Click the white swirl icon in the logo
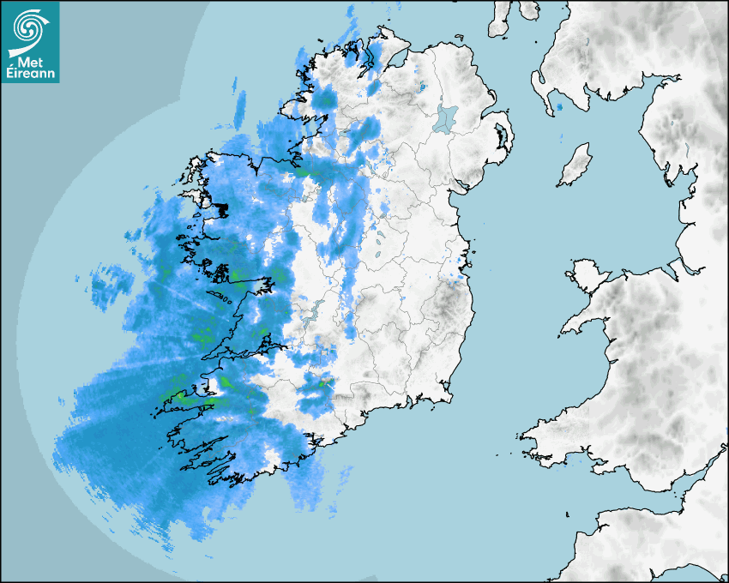click(x=29, y=26)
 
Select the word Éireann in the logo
click(x=30, y=73)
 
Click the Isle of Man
click(x=575, y=165)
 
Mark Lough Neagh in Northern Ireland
click(x=447, y=117)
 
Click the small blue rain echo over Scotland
click(x=558, y=107)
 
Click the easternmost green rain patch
click(x=328, y=378)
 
